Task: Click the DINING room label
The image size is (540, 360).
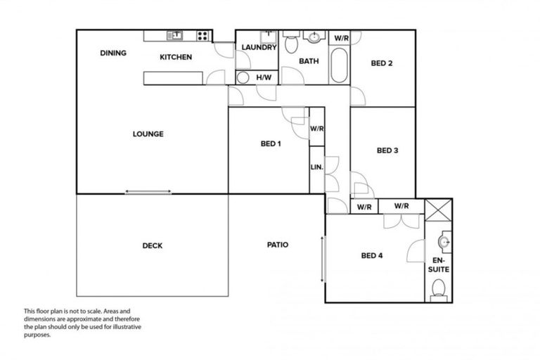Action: click(113, 53)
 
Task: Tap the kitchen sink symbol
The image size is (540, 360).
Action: click(174, 35)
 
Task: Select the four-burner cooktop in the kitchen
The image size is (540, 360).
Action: click(203, 35)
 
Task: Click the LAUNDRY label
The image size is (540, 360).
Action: click(259, 48)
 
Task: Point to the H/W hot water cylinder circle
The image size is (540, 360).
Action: click(243, 77)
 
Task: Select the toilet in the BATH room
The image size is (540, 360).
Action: click(291, 44)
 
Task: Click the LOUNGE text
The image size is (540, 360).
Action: click(148, 134)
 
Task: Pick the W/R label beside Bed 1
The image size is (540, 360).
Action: click(317, 129)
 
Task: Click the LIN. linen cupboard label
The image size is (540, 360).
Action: click(317, 167)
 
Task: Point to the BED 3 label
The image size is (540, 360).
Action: click(387, 150)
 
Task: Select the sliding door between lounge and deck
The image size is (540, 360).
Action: click(148, 191)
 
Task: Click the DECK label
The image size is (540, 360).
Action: click(153, 245)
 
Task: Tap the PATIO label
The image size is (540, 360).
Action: click(277, 245)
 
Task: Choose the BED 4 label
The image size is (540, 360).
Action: click(371, 255)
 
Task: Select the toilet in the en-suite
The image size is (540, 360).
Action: click(439, 288)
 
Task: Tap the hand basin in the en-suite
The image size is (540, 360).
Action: click(444, 243)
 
